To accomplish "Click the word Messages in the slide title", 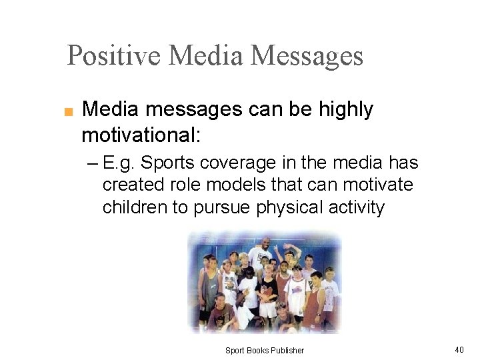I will coord(310,55).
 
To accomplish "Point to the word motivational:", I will coord(141,135).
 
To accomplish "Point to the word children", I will coord(135,207).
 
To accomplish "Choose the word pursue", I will coord(222,207).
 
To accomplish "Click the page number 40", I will coord(459,349).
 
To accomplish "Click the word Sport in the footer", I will coord(235,350).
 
